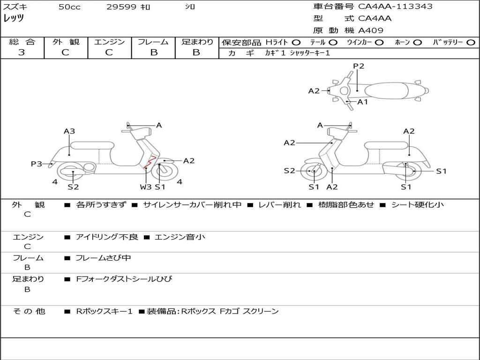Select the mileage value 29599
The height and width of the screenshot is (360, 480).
coord(121,7)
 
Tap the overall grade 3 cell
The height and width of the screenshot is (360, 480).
coord(22,52)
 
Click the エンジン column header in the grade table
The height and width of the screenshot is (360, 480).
coord(109,42)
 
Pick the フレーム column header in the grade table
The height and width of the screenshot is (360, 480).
coord(153,42)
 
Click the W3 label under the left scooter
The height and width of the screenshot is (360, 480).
coord(146,187)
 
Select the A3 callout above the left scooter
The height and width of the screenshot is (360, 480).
coord(69,131)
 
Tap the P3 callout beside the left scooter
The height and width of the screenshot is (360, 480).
coord(37,164)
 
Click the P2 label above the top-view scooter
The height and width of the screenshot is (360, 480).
coord(359,66)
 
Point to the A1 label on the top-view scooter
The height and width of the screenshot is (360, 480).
coord(363,102)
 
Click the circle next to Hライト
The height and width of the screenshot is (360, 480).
coord(296,42)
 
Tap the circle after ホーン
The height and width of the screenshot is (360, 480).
coord(418,42)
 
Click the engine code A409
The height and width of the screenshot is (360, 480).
coord(371,30)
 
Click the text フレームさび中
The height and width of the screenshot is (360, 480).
coord(103,258)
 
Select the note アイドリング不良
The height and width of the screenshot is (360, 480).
coord(107,237)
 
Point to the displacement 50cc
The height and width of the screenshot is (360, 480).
coord(69,7)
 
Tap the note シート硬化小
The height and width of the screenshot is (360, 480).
coord(417,205)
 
